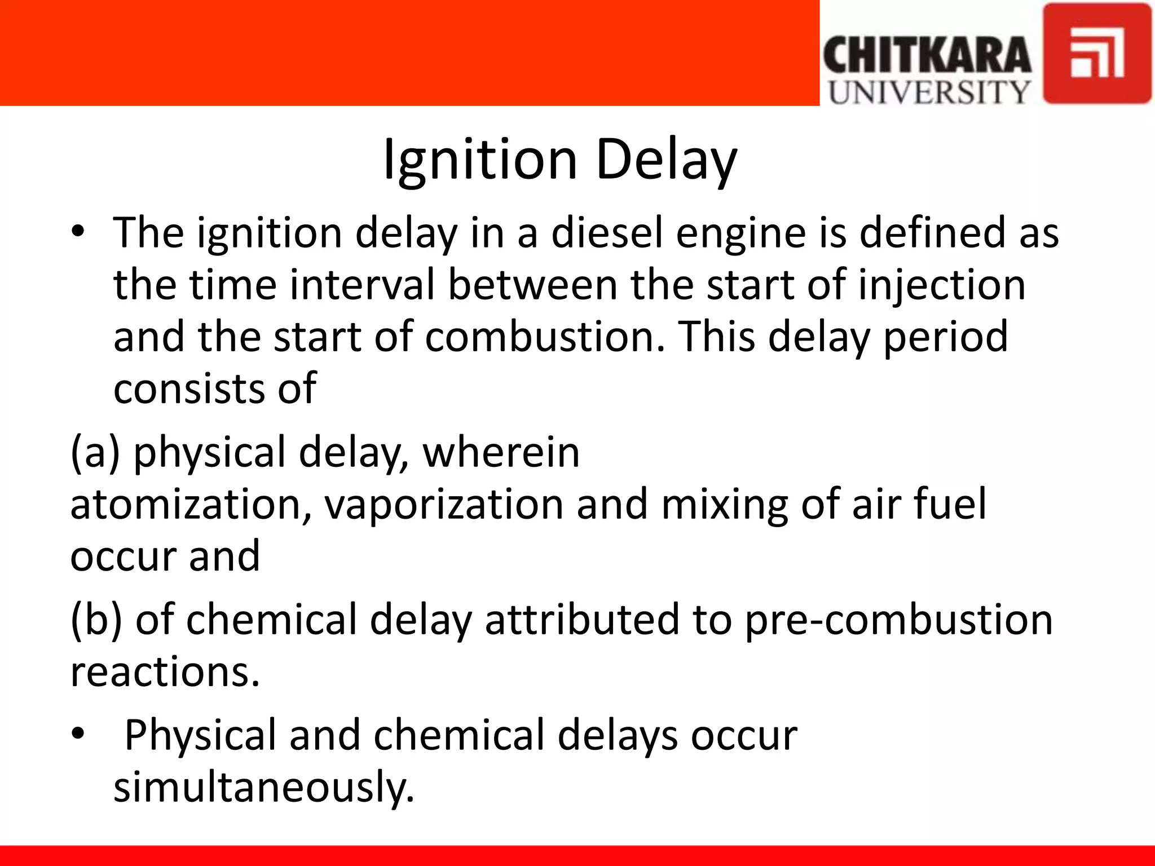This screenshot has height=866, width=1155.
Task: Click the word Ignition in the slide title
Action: pos(479,160)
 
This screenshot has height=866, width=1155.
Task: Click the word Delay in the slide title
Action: pos(665,160)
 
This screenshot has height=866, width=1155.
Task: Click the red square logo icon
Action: pos(1097,54)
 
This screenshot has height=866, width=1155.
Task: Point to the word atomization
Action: pos(190,505)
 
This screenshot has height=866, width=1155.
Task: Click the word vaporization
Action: pos(444,505)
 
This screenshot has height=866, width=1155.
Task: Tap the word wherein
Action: pos(501,453)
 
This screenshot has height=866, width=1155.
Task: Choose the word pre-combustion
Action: pos(898,620)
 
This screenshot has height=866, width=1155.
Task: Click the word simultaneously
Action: pos(264,787)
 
